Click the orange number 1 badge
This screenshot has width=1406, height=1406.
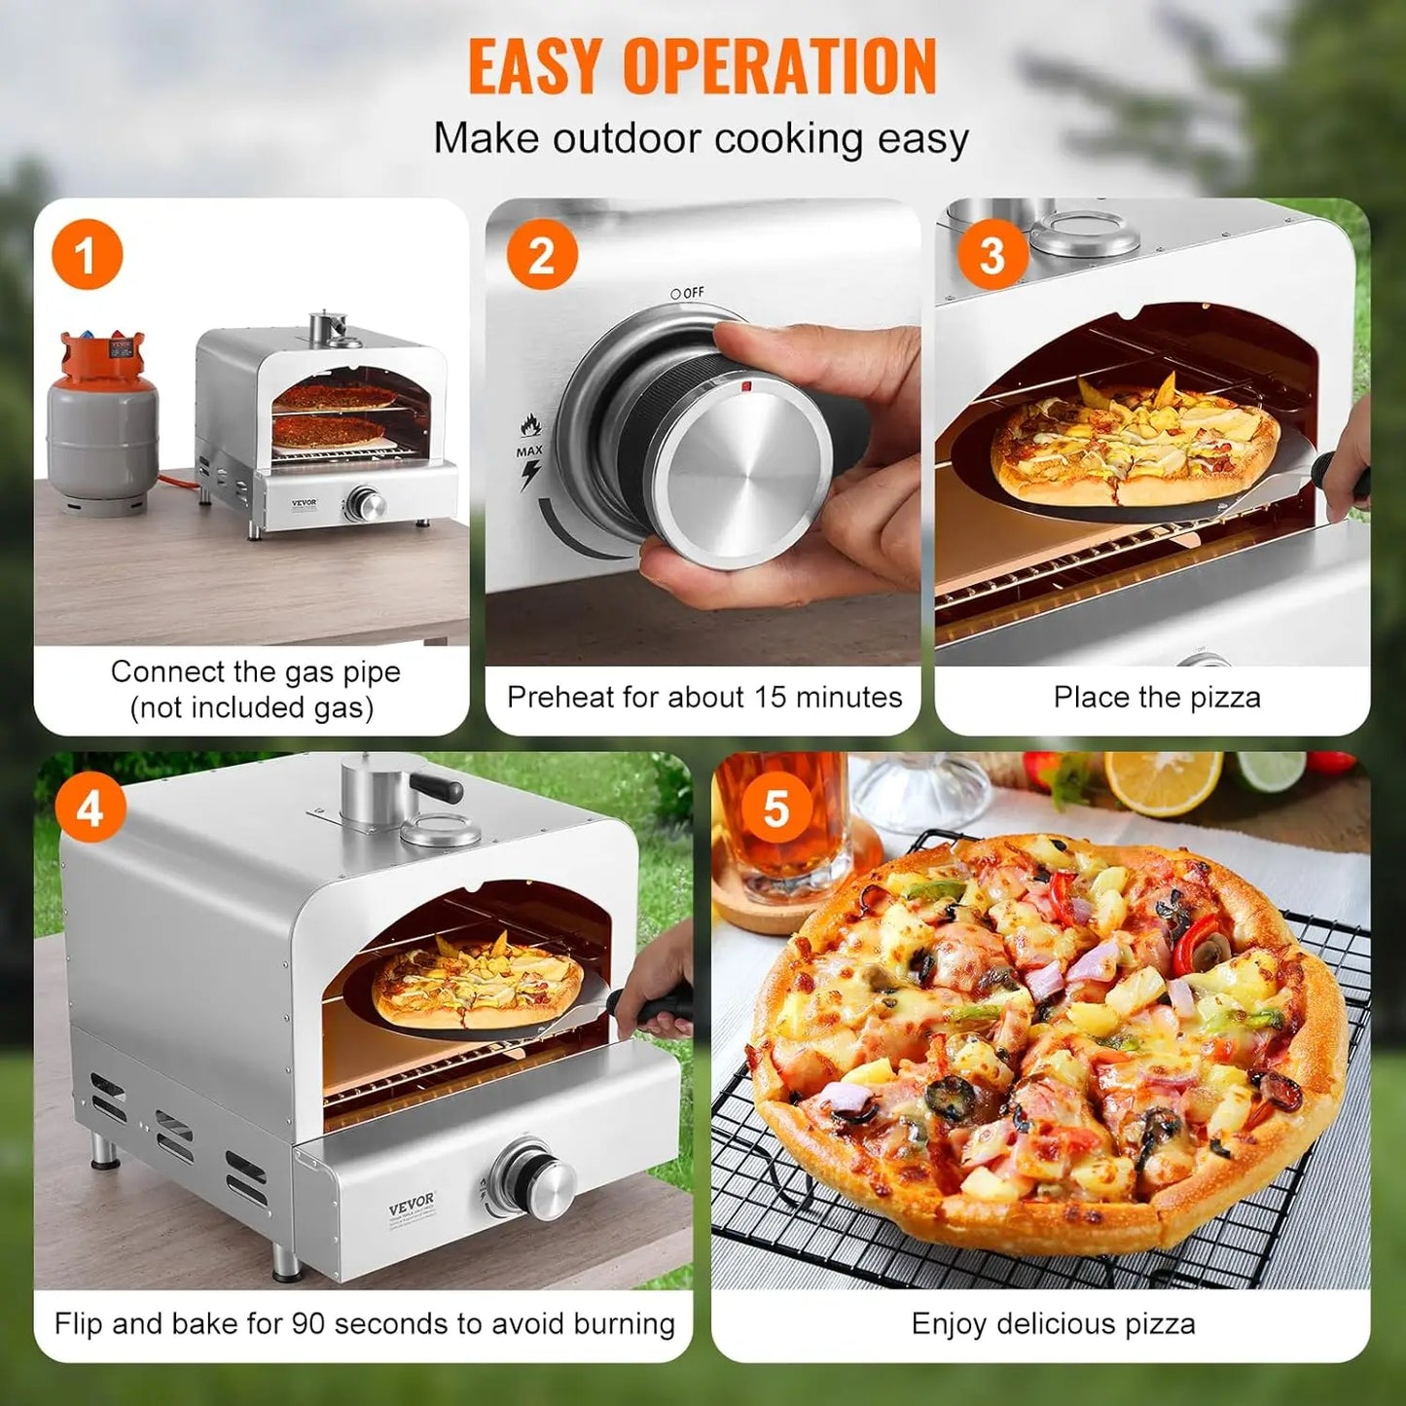click(88, 255)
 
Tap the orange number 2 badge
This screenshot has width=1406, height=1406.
click(542, 255)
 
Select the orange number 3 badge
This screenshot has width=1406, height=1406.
click(991, 255)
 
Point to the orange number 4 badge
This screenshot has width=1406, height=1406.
click(90, 808)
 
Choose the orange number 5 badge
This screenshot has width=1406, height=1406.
click(775, 808)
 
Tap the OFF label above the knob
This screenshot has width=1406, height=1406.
click(688, 293)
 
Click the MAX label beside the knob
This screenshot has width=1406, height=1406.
click(529, 451)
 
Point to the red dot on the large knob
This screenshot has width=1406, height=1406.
click(746, 386)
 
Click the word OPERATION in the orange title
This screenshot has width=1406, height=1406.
click(779, 67)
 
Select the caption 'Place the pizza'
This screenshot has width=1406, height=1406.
click(1156, 697)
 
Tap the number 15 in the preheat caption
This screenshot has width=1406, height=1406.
click(770, 697)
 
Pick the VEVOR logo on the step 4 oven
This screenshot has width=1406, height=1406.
click(412, 1205)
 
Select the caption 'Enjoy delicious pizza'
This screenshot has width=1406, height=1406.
click(1053, 1323)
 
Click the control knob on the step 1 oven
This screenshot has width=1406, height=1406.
click(367, 504)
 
